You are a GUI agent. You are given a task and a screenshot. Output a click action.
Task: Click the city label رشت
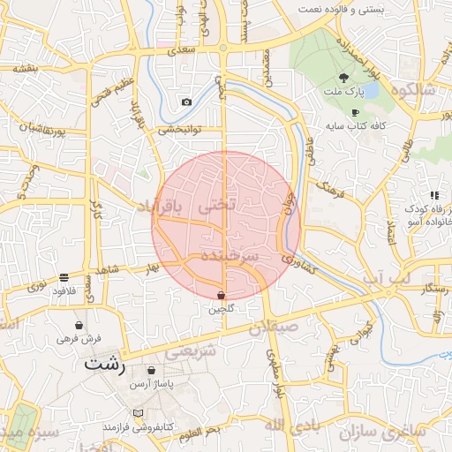click(x=105, y=363)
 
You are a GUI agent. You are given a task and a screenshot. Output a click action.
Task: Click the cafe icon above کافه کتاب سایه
click(x=355, y=113)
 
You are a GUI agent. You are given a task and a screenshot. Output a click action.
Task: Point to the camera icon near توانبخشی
click(x=186, y=102)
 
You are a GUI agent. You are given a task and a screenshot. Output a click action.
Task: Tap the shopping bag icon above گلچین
click(x=221, y=295)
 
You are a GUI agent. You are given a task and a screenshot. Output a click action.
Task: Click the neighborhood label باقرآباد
click(x=163, y=206)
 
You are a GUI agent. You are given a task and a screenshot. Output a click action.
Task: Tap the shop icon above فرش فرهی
click(x=79, y=325)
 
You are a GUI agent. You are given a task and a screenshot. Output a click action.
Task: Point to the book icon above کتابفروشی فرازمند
click(x=136, y=413)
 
